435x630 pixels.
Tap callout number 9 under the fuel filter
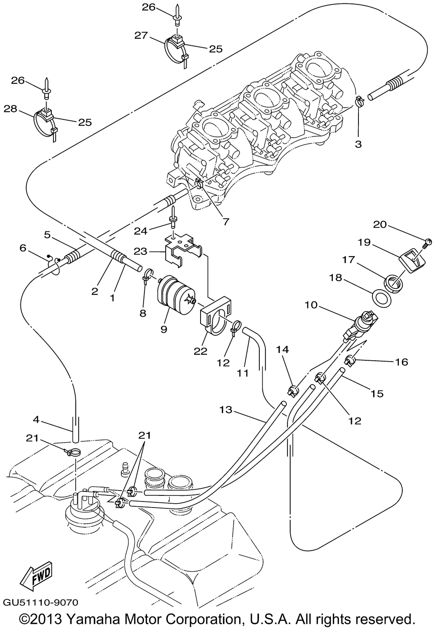click(x=164, y=329)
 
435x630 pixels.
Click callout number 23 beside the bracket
click(x=141, y=251)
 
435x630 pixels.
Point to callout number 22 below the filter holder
click(x=201, y=351)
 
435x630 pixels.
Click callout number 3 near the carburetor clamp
click(x=358, y=144)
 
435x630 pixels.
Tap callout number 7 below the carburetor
click(x=226, y=222)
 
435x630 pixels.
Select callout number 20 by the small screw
click(x=380, y=224)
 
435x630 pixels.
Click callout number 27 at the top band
click(x=141, y=36)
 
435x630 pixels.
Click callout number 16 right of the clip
click(x=402, y=362)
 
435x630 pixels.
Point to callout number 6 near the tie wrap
click(x=23, y=248)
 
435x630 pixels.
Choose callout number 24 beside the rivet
click(x=141, y=231)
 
